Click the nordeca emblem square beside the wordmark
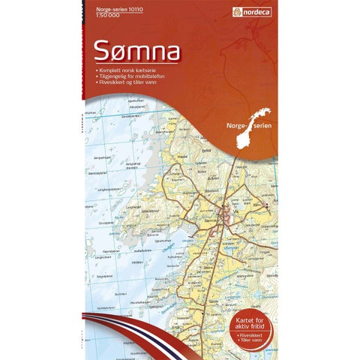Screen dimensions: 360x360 236,12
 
